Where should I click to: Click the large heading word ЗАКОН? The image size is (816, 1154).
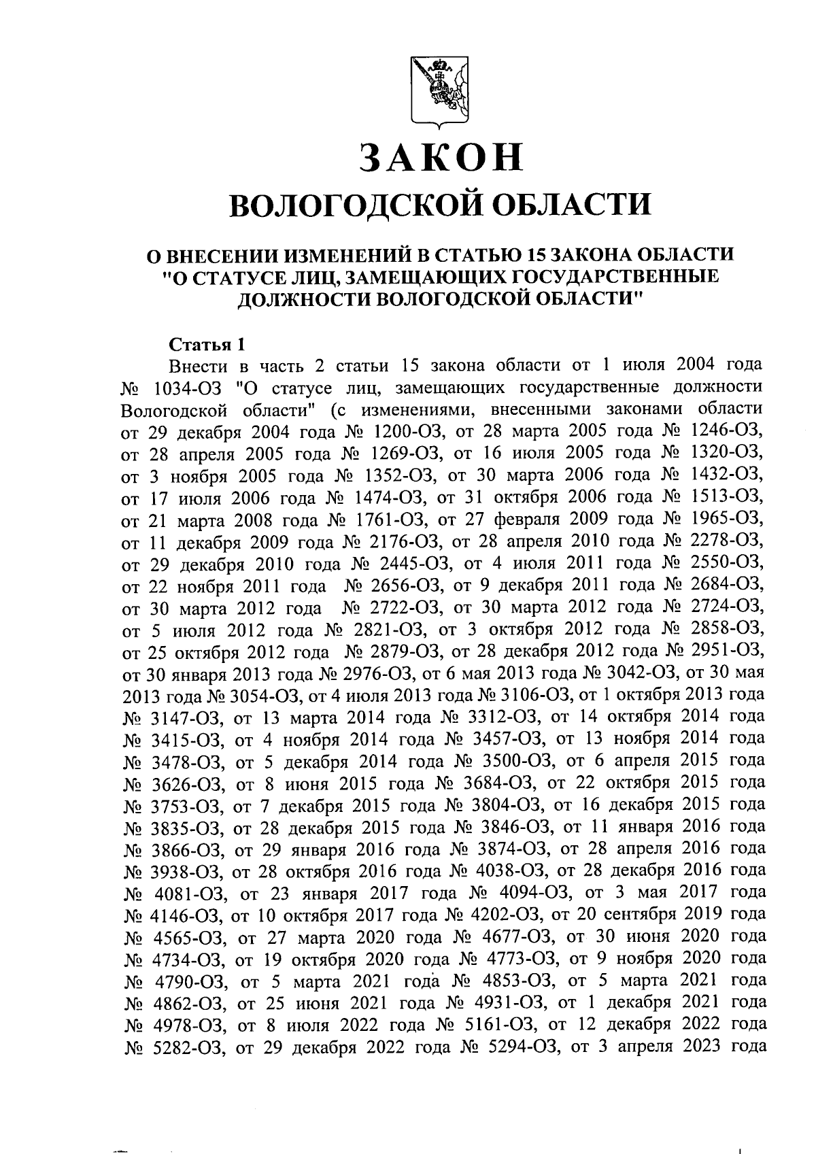point(441,157)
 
